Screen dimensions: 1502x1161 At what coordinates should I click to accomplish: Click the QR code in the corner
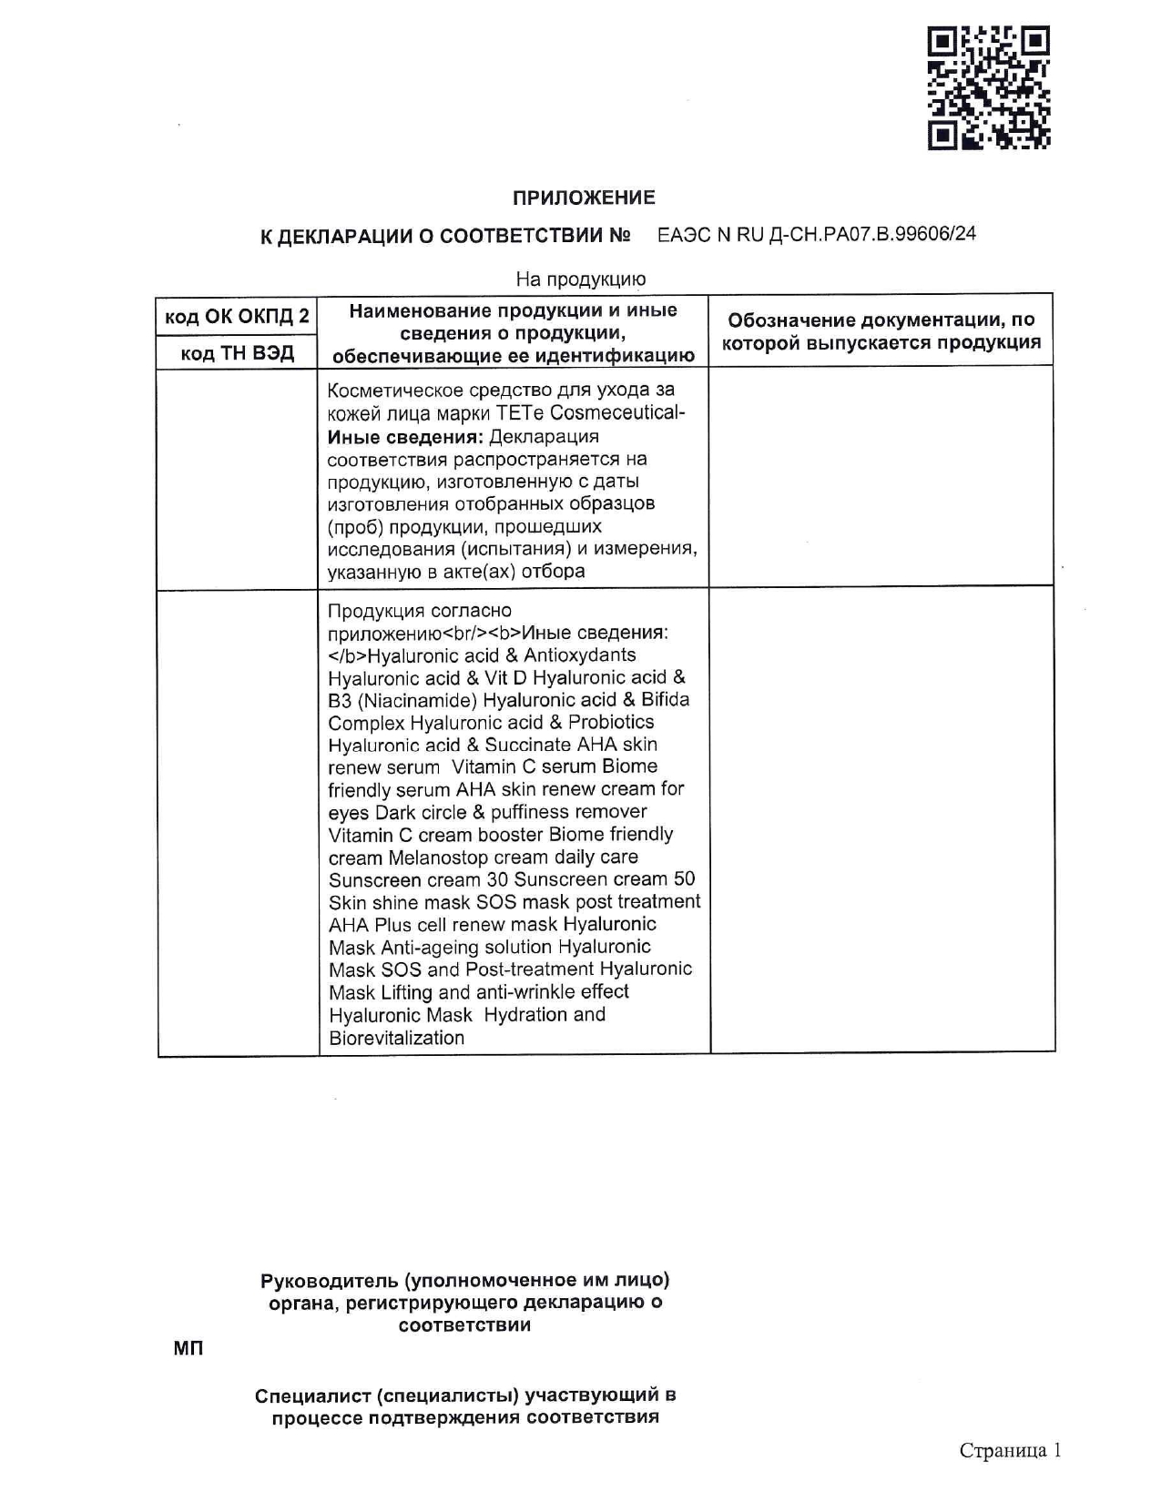click(x=989, y=87)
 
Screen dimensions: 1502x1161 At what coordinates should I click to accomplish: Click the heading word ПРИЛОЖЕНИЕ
click(x=584, y=198)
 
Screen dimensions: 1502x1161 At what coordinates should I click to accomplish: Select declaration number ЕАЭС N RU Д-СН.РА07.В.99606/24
click(x=817, y=234)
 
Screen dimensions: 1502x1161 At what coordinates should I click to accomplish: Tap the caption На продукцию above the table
click(x=580, y=279)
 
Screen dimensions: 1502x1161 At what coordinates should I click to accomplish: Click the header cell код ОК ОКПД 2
click(x=237, y=316)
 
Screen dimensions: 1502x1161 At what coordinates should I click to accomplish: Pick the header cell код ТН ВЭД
click(x=237, y=353)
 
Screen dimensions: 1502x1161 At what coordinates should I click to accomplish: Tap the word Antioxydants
click(x=579, y=655)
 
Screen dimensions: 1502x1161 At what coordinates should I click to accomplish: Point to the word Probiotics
click(x=611, y=722)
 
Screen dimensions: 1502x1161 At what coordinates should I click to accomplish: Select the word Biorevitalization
click(x=396, y=1038)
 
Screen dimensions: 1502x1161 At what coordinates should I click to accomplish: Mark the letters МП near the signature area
click(x=188, y=1348)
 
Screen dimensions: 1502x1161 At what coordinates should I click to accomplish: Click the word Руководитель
click(x=329, y=1280)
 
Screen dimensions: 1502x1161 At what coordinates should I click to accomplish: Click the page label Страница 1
click(x=1010, y=1450)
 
